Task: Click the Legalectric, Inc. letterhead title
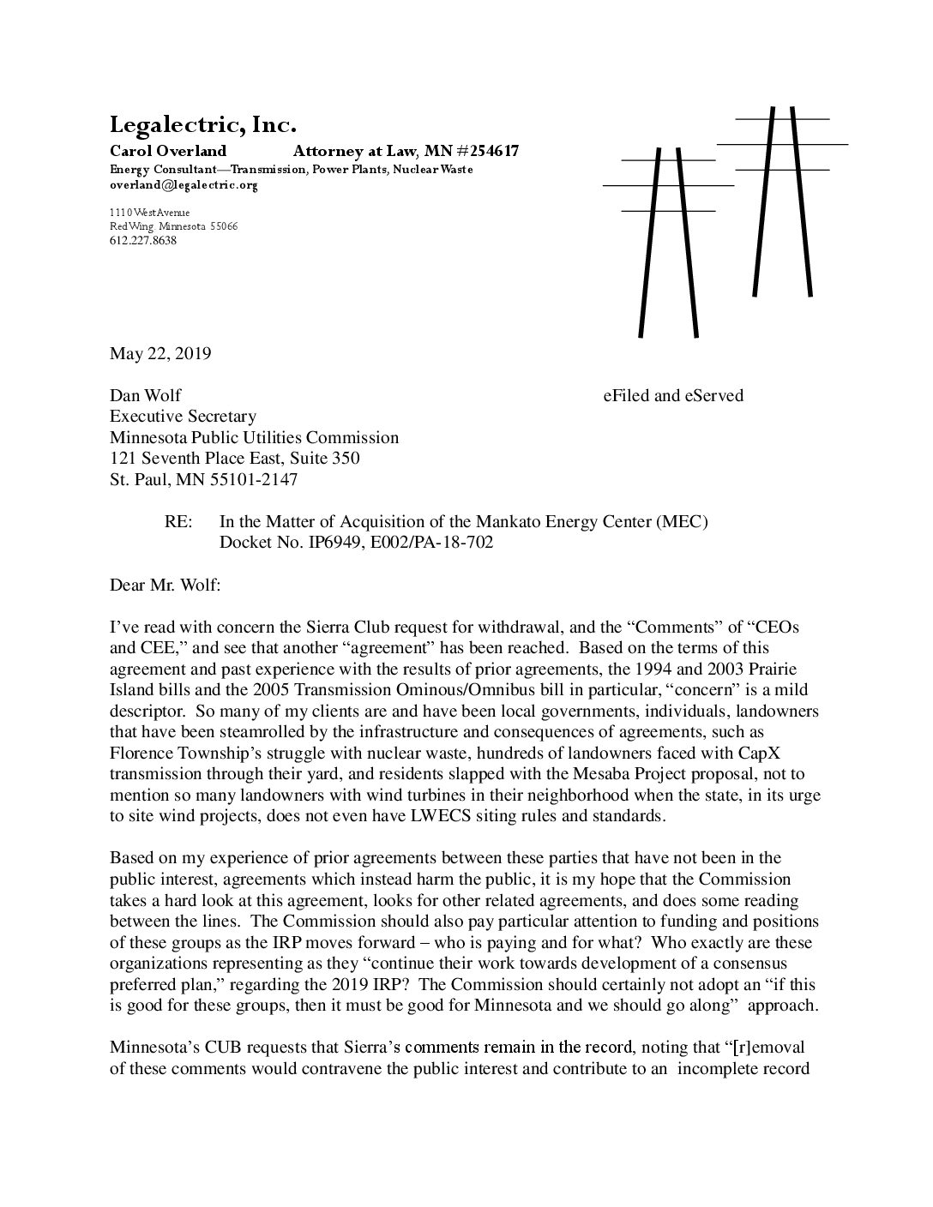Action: point(203,125)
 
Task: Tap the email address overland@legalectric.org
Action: point(184,184)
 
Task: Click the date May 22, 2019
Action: point(160,353)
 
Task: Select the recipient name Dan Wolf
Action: point(146,395)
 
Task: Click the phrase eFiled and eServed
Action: point(673,395)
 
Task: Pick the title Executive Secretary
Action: point(183,417)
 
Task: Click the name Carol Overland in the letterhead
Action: point(168,152)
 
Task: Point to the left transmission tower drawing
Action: point(668,240)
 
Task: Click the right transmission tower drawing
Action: point(782,201)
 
